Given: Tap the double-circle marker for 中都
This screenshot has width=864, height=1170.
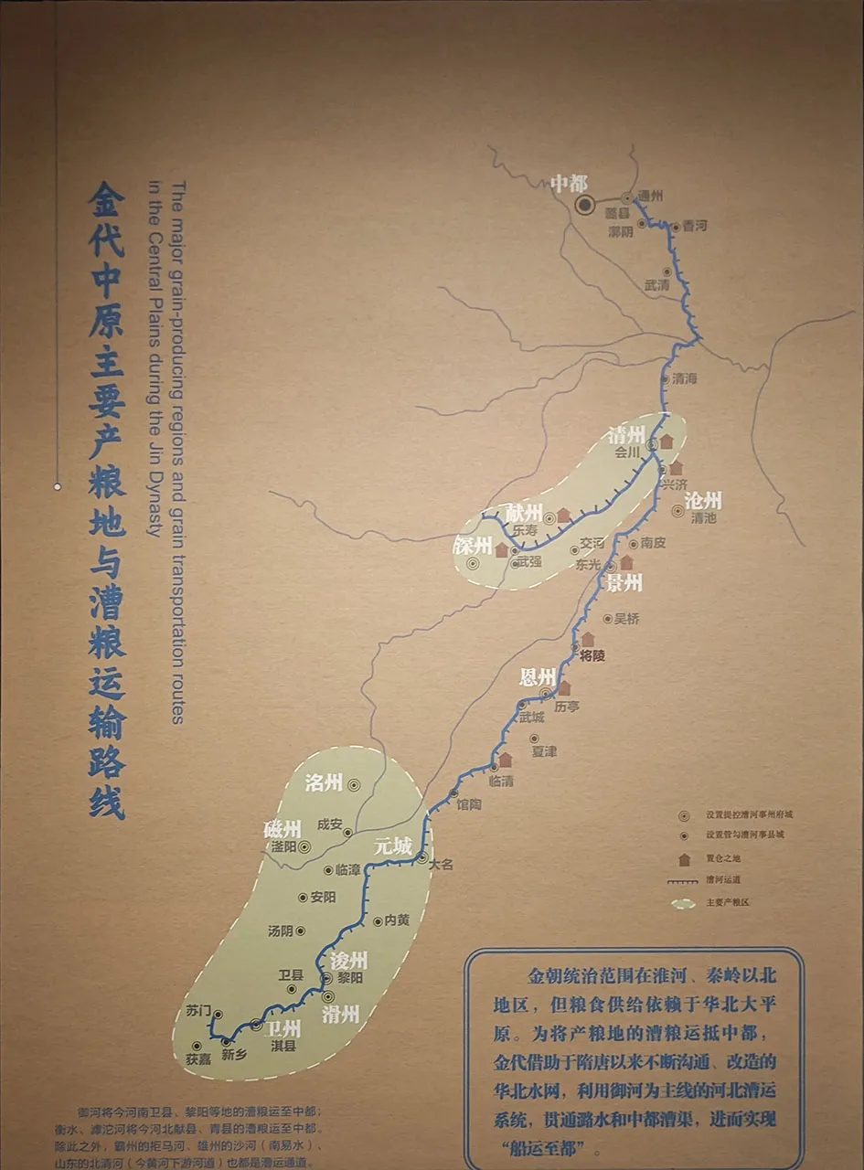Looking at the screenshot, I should pyautogui.click(x=585, y=205).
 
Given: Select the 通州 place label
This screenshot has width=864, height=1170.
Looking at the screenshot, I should pyautogui.click(x=650, y=196).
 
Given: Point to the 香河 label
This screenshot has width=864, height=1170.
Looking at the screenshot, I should pyautogui.click(x=694, y=226).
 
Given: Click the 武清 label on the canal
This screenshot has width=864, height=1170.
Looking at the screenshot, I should pyautogui.click(x=656, y=285).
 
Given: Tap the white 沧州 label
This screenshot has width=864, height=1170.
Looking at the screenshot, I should pyautogui.click(x=703, y=500).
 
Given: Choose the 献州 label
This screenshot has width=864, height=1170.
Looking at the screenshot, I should pyautogui.click(x=524, y=513).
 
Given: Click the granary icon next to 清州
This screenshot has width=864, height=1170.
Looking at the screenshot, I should pyautogui.click(x=667, y=441).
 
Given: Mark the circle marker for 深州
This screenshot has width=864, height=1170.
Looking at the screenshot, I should pyautogui.click(x=473, y=564).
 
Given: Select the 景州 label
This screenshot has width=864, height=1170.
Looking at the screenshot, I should pyautogui.click(x=624, y=582).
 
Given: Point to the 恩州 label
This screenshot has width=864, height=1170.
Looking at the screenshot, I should pyautogui.click(x=538, y=677).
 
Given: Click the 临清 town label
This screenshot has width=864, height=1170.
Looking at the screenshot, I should pyautogui.click(x=501, y=781).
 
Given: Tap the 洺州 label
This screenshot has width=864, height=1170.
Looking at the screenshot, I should pyautogui.click(x=324, y=782).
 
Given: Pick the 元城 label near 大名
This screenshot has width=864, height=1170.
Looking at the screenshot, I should pyautogui.click(x=393, y=846).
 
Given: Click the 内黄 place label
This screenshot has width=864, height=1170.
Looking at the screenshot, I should pyautogui.click(x=397, y=920).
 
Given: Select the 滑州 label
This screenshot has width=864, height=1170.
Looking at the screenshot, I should pyautogui.click(x=341, y=1013).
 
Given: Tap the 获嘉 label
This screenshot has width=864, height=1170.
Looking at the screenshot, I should pyautogui.click(x=198, y=1059).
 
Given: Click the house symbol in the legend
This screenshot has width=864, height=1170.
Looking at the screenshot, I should pyautogui.click(x=683, y=859).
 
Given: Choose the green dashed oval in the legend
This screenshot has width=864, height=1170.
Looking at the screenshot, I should pyautogui.click(x=683, y=903).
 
